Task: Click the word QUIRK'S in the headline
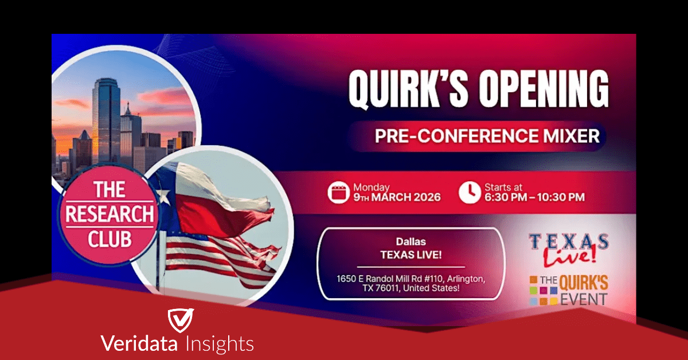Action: click(x=408, y=89)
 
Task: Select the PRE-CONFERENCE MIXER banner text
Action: click(x=487, y=136)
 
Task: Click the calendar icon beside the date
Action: click(x=338, y=193)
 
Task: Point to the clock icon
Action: click(x=470, y=193)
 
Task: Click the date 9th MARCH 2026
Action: click(x=397, y=197)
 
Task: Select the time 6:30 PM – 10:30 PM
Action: click(x=534, y=197)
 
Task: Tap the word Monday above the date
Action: click(x=372, y=187)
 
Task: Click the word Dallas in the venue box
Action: click(x=411, y=242)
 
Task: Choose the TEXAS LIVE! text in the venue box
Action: click(x=411, y=255)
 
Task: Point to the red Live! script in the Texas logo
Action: click(x=570, y=256)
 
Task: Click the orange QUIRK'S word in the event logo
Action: click(x=584, y=283)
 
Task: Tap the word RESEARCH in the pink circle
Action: click(x=110, y=214)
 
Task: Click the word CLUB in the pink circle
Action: click(x=110, y=239)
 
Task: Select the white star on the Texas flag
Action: click(x=163, y=196)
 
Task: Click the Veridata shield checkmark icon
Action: click(x=181, y=320)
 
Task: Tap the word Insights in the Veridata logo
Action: click(x=220, y=344)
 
